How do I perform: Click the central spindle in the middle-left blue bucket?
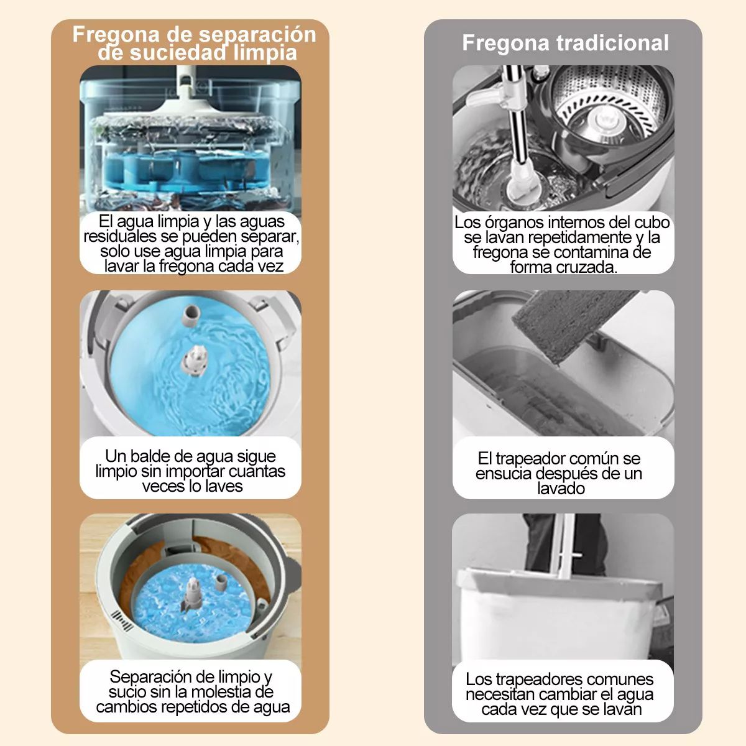click(x=195, y=361)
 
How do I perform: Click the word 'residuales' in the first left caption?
click(x=120, y=237)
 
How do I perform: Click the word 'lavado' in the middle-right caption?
click(x=561, y=489)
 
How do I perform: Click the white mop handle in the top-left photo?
click(x=184, y=81)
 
